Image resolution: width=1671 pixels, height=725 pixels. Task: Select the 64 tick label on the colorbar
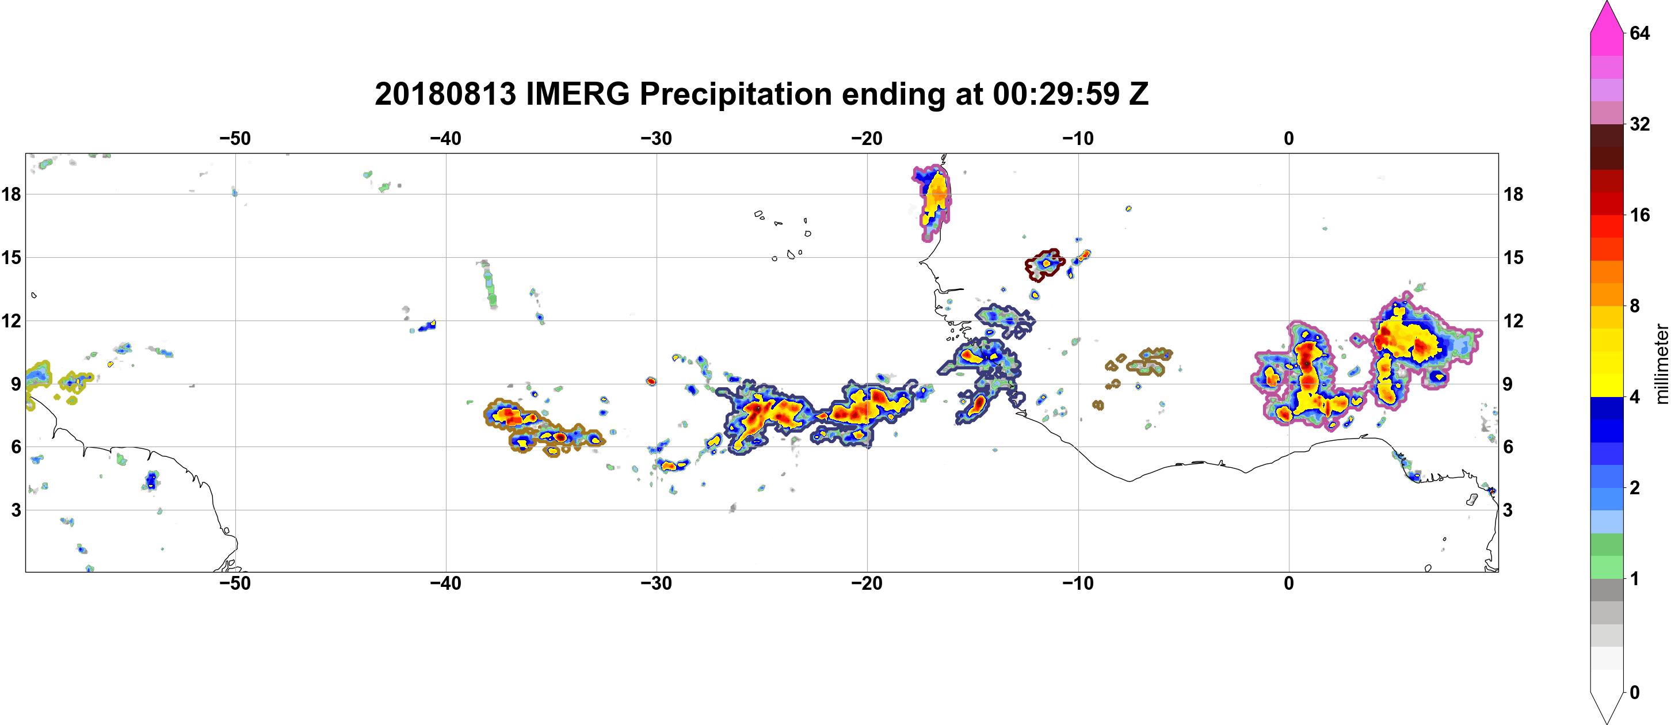pyautogui.click(x=1640, y=33)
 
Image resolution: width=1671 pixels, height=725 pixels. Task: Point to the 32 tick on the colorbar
pyautogui.click(x=1640, y=124)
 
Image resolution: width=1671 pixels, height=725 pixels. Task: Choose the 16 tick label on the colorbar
pyautogui.click(x=1640, y=215)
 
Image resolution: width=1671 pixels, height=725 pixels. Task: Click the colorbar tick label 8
pyautogui.click(x=1635, y=306)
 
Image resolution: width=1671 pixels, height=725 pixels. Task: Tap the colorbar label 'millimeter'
pyautogui.click(x=1661, y=364)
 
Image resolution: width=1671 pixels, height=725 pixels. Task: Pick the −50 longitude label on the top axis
pyautogui.click(x=235, y=138)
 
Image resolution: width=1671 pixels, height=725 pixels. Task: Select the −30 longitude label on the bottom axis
pyautogui.click(x=657, y=583)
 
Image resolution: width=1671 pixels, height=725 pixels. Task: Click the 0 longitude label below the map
pyautogui.click(x=1289, y=583)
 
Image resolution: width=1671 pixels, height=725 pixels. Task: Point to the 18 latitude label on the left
pyautogui.click(x=12, y=194)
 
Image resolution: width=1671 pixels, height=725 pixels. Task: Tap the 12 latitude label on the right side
pyautogui.click(x=1513, y=320)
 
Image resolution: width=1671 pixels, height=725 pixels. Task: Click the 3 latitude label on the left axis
pyautogui.click(x=16, y=510)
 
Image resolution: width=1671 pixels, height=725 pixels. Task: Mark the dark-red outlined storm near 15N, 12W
pyautogui.click(x=1044, y=264)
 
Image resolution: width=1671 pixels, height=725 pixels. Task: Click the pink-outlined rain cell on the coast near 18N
pyautogui.click(x=933, y=203)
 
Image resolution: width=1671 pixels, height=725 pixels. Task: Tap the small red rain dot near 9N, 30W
pyautogui.click(x=651, y=381)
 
